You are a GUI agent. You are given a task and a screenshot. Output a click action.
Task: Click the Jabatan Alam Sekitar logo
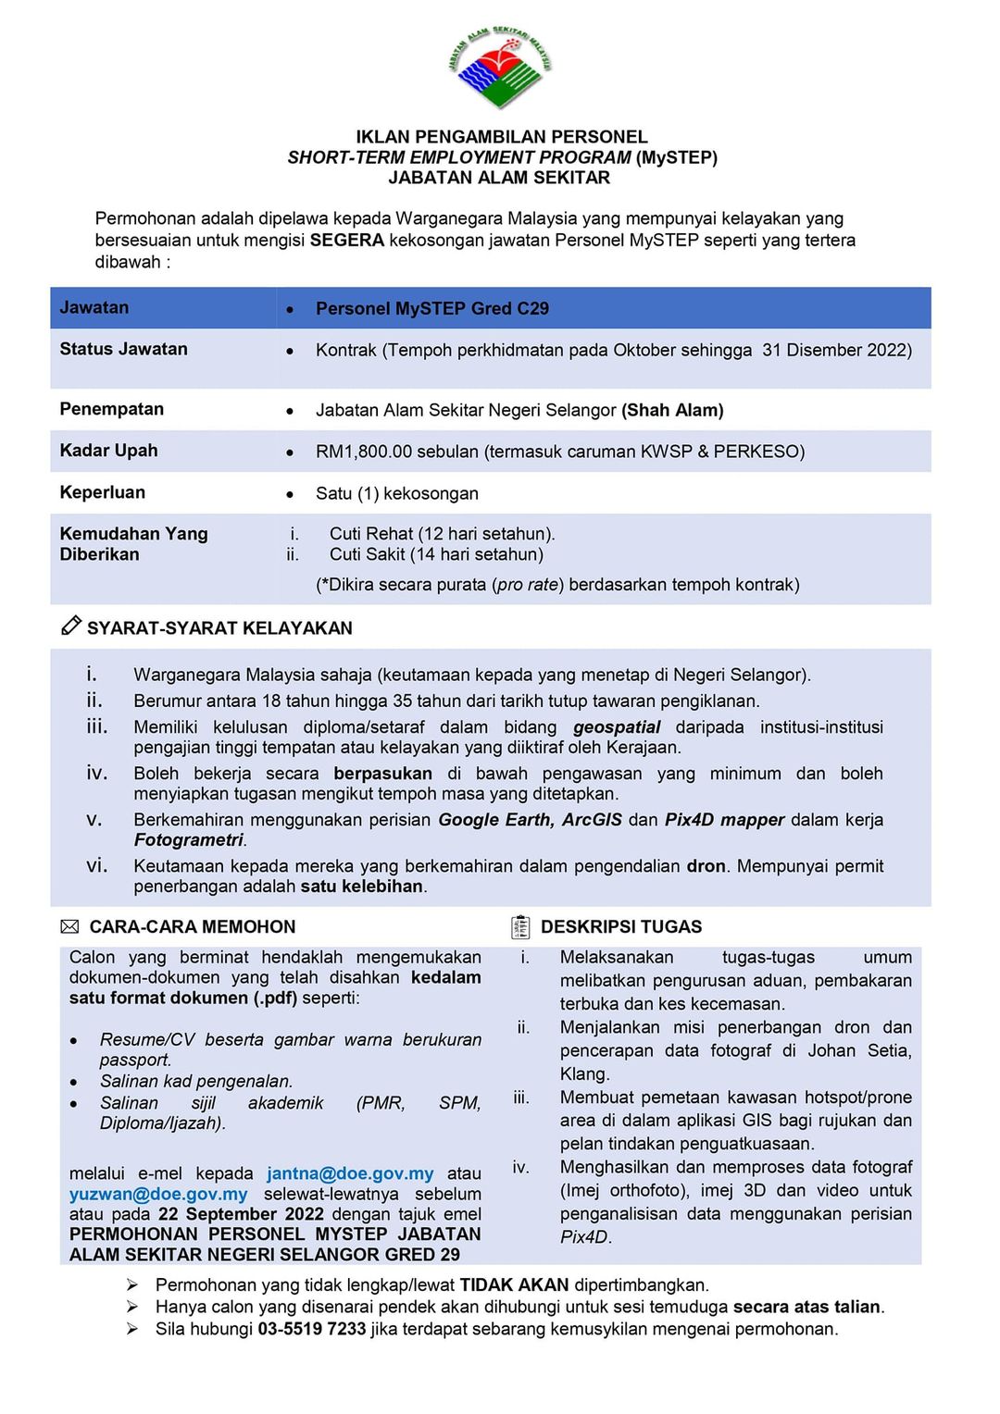tap(500, 68)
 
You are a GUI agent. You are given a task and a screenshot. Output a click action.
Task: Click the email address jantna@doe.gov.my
tap(350, 1173)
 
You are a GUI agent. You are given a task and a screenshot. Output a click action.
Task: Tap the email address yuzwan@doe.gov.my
tap(158, 1194)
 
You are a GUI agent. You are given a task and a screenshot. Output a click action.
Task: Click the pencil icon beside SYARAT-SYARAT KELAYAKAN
tap(70, 626)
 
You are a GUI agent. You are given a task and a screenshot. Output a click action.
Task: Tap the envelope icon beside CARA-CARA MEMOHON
tap(69, 926)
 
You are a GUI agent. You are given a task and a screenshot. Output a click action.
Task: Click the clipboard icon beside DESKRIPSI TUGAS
tap(520, 926)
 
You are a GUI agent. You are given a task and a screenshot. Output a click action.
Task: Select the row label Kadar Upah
tap(108, 451)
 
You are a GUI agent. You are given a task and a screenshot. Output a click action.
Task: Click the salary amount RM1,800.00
tap(363, 452)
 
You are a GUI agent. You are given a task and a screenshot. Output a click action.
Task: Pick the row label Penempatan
tap(111, 409)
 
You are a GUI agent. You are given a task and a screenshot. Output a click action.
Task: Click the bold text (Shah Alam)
tap(672, 410)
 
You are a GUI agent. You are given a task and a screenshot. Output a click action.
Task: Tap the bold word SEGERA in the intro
tap(346, 241)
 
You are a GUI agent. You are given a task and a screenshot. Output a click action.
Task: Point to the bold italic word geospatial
tap(617, 727)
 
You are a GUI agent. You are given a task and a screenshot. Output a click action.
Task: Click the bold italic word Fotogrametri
tap(189, 840)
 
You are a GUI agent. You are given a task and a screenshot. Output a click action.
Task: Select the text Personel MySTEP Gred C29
tap(431, 309)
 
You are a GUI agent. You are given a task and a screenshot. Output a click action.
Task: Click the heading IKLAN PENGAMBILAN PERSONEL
tap(502, 137)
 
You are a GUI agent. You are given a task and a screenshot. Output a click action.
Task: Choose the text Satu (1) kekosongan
tap(396, 493)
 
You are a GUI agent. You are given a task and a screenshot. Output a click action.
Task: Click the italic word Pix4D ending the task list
tap(584, 1237)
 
